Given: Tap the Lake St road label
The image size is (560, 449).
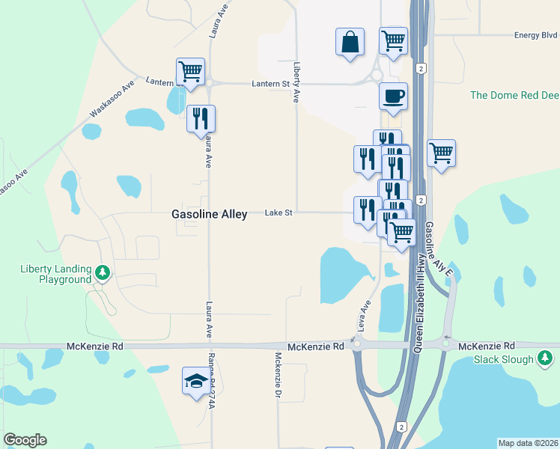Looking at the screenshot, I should coord(278,213).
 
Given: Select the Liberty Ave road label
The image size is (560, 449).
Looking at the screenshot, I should coord(297,82).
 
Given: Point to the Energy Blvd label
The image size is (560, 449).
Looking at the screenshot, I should coord(536,35).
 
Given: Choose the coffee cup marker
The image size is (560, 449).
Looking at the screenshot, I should coord(394,96).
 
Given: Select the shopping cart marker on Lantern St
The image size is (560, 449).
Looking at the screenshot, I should coord(190,72).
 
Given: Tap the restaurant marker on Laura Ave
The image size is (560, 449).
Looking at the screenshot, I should coord(201,118).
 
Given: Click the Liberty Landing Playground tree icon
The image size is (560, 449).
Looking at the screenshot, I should coord(103,274).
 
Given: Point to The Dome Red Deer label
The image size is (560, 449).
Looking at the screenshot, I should coord(514,95).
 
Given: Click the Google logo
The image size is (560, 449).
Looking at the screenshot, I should coord(25,440).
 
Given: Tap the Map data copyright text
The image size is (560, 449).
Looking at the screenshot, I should coord(528,443).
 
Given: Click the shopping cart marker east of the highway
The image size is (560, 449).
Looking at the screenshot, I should coord(442,153).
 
